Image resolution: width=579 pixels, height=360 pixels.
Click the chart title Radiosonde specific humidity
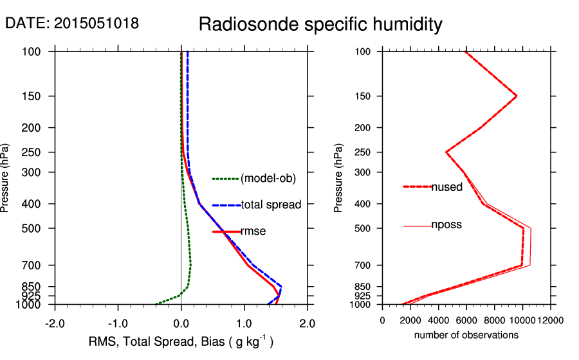tap(320, 25)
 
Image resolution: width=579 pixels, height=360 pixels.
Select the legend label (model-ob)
tap(268, 179)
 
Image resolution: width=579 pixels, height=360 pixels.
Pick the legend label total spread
tap(271, 205)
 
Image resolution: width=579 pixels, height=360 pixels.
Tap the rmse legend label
tap(253, 231)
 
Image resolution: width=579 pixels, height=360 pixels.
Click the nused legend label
tap(446, 187)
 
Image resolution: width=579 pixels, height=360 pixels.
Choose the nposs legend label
tap(446, 225)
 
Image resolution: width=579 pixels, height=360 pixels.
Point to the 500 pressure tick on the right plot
tap(364, 228)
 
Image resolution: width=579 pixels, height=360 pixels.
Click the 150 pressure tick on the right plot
tap(364, 96)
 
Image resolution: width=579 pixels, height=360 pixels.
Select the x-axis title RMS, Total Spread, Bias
tap(181, 342)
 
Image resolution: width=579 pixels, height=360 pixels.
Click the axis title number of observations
tap(466, 335)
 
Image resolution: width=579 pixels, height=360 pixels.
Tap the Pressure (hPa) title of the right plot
tap(339, 178)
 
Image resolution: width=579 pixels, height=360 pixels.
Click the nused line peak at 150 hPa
tap(516, 96)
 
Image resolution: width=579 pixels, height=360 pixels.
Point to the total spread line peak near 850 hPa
tap(281, 286)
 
